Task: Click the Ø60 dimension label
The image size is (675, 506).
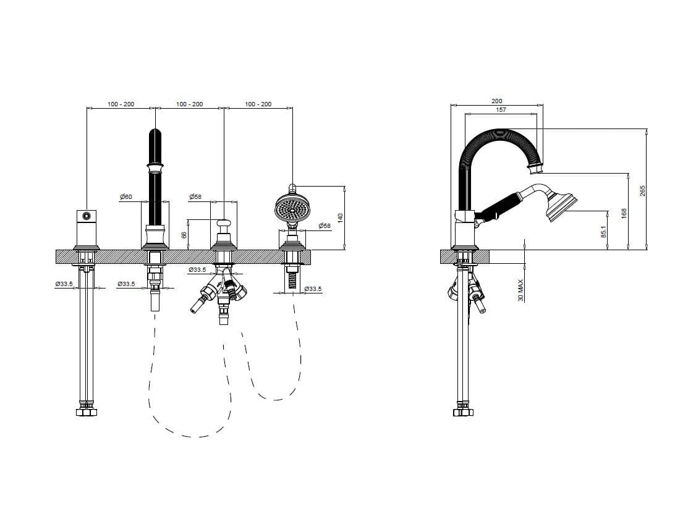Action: (x=126, y=196)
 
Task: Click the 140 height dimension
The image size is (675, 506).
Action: (x=341, y=217)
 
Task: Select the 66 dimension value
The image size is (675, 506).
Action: (x=184, y=235)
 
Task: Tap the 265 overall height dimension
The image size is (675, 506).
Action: (x=643, y=191)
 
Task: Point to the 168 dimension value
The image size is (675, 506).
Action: (x=624, y=213)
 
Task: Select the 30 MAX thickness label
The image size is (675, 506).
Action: (x=521, y=290)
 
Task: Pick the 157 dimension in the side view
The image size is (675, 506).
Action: (x=501, y=110)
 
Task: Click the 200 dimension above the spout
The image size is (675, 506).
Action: (x=497, y=101)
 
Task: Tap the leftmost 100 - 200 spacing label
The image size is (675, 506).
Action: (x=121, y=104)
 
